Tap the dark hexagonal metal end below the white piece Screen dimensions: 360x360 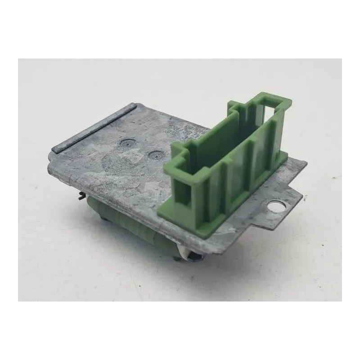tap(194, 257)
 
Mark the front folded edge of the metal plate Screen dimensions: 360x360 tap(112, 198)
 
